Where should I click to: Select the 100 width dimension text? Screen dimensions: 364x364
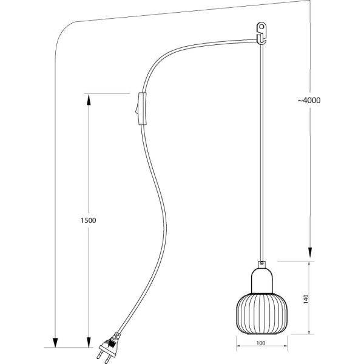pyautogui.click(x=261, y=344)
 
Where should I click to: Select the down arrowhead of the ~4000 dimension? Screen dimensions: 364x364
pyautogui.click(x=310, y=254)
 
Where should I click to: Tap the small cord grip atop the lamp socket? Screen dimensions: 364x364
pyautogui.click(x=261, y=264)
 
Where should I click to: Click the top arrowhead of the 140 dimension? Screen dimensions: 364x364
pyautogui.click(x=310, y=266)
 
